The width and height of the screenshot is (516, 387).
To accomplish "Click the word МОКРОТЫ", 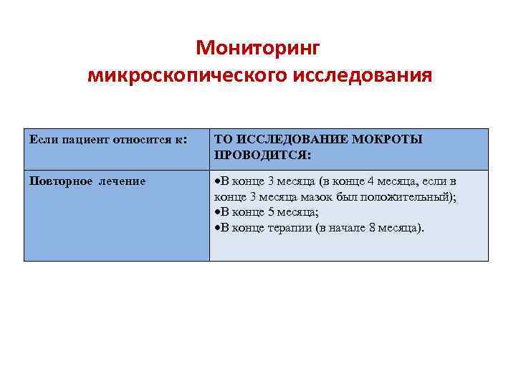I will [x=388, y=139].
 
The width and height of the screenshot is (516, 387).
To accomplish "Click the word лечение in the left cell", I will [x=123, y=181].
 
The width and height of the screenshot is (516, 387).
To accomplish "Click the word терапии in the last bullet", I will [x=287, y=228].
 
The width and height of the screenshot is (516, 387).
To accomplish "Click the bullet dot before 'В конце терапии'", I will [x=216, y=228].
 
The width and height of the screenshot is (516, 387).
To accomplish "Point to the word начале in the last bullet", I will [x=345, y=228].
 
